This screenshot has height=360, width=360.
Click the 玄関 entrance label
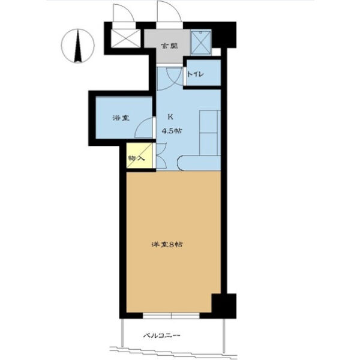coord(169,46)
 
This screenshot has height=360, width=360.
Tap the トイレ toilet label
coord(196,74)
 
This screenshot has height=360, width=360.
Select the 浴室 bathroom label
coord(121,118)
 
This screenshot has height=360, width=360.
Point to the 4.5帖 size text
coord(172,131)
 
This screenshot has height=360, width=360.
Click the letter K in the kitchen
coord(170,117)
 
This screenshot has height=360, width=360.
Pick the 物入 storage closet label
coord(136,158)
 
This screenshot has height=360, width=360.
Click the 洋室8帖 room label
coord(167,245)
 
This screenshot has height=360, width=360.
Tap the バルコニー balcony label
coord(161,335)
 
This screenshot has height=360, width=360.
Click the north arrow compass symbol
coord(78,46)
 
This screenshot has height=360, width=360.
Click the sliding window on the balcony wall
coord(171,316)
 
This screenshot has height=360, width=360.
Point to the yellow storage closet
coord(139,155)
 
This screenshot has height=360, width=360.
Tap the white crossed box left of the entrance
coord(125,38)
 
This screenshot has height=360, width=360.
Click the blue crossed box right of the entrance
coord(201,43)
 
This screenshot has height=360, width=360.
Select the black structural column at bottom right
coord(224,306)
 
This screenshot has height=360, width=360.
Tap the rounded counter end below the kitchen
coord(199,163)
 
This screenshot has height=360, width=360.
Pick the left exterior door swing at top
coord(124,13)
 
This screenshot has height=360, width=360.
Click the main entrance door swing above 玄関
coord(169,11)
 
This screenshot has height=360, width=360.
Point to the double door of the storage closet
coord(161,156)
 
